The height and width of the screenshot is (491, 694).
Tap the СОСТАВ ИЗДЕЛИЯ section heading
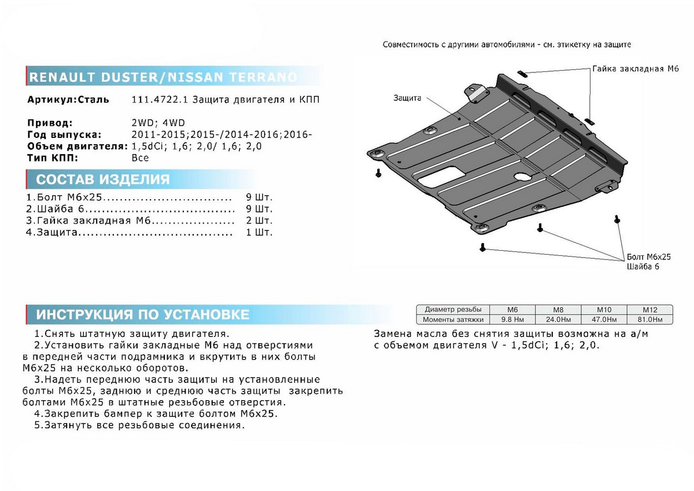[x=103, y=179]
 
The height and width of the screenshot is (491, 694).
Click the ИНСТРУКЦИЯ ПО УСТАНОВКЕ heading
[x=143, y=314]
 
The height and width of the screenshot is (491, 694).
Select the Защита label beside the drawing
[x=408, y=98]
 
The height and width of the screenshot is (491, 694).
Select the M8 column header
[x=558, y=310]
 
